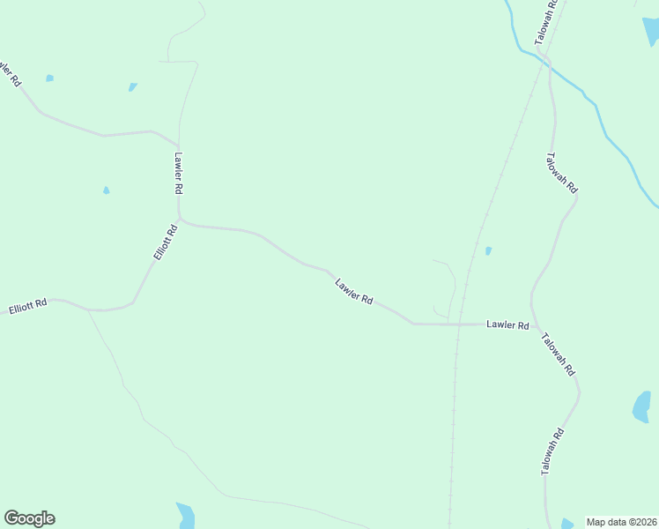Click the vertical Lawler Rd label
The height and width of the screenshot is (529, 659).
click(178, 174)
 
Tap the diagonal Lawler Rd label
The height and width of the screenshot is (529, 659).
click(353, 292)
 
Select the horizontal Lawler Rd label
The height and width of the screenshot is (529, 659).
click(507, 325)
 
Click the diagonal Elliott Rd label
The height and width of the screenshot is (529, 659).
click(165, 242)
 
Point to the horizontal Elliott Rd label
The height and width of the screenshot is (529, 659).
click(27, 309)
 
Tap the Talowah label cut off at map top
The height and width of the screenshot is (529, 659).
click(546, 21)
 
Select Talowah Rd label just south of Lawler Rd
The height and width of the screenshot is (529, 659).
click(559, 354)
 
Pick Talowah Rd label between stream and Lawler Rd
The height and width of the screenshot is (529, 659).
click(561, 174)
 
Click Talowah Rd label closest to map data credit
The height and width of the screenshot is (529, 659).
click(552, 453)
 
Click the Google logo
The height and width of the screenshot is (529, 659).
click(29, 518)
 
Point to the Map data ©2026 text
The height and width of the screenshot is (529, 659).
click(621, 522)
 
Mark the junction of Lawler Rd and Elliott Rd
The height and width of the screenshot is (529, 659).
click(180, 219)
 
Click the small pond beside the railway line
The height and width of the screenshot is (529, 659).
click(488, 251)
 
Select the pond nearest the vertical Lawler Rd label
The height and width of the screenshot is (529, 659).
click(107, 190)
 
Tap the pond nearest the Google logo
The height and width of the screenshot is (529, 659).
click(185, 515)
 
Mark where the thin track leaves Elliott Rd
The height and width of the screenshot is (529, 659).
click(88, 310)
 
